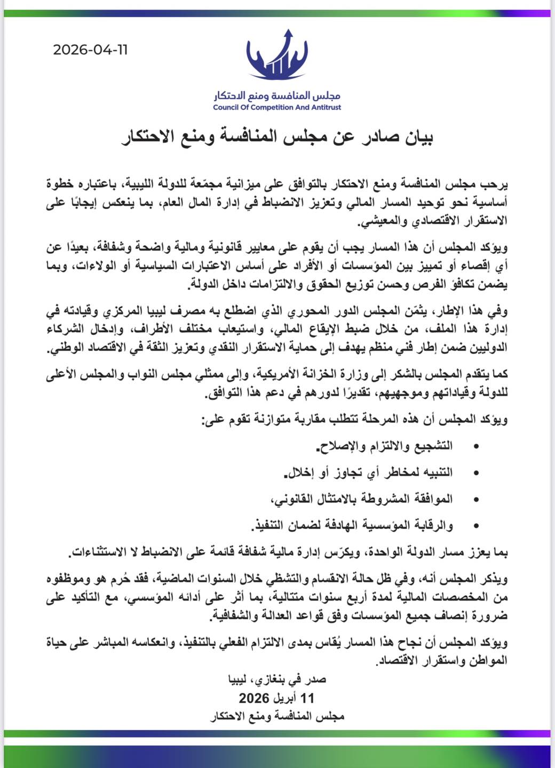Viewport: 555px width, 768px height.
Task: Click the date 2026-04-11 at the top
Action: point(90,50)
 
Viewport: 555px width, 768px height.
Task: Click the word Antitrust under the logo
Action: point(324,107)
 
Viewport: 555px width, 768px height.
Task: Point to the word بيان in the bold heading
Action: point(417,138)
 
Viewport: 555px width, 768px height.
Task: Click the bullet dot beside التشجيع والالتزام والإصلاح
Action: point(476,446)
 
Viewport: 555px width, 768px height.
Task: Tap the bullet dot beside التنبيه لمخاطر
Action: point(476,473)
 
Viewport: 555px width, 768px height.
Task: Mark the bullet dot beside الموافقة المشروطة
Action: point(476,500)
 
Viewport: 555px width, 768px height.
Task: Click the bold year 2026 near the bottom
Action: point(255,698)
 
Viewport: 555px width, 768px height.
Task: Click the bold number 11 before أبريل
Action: point(308,698)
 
